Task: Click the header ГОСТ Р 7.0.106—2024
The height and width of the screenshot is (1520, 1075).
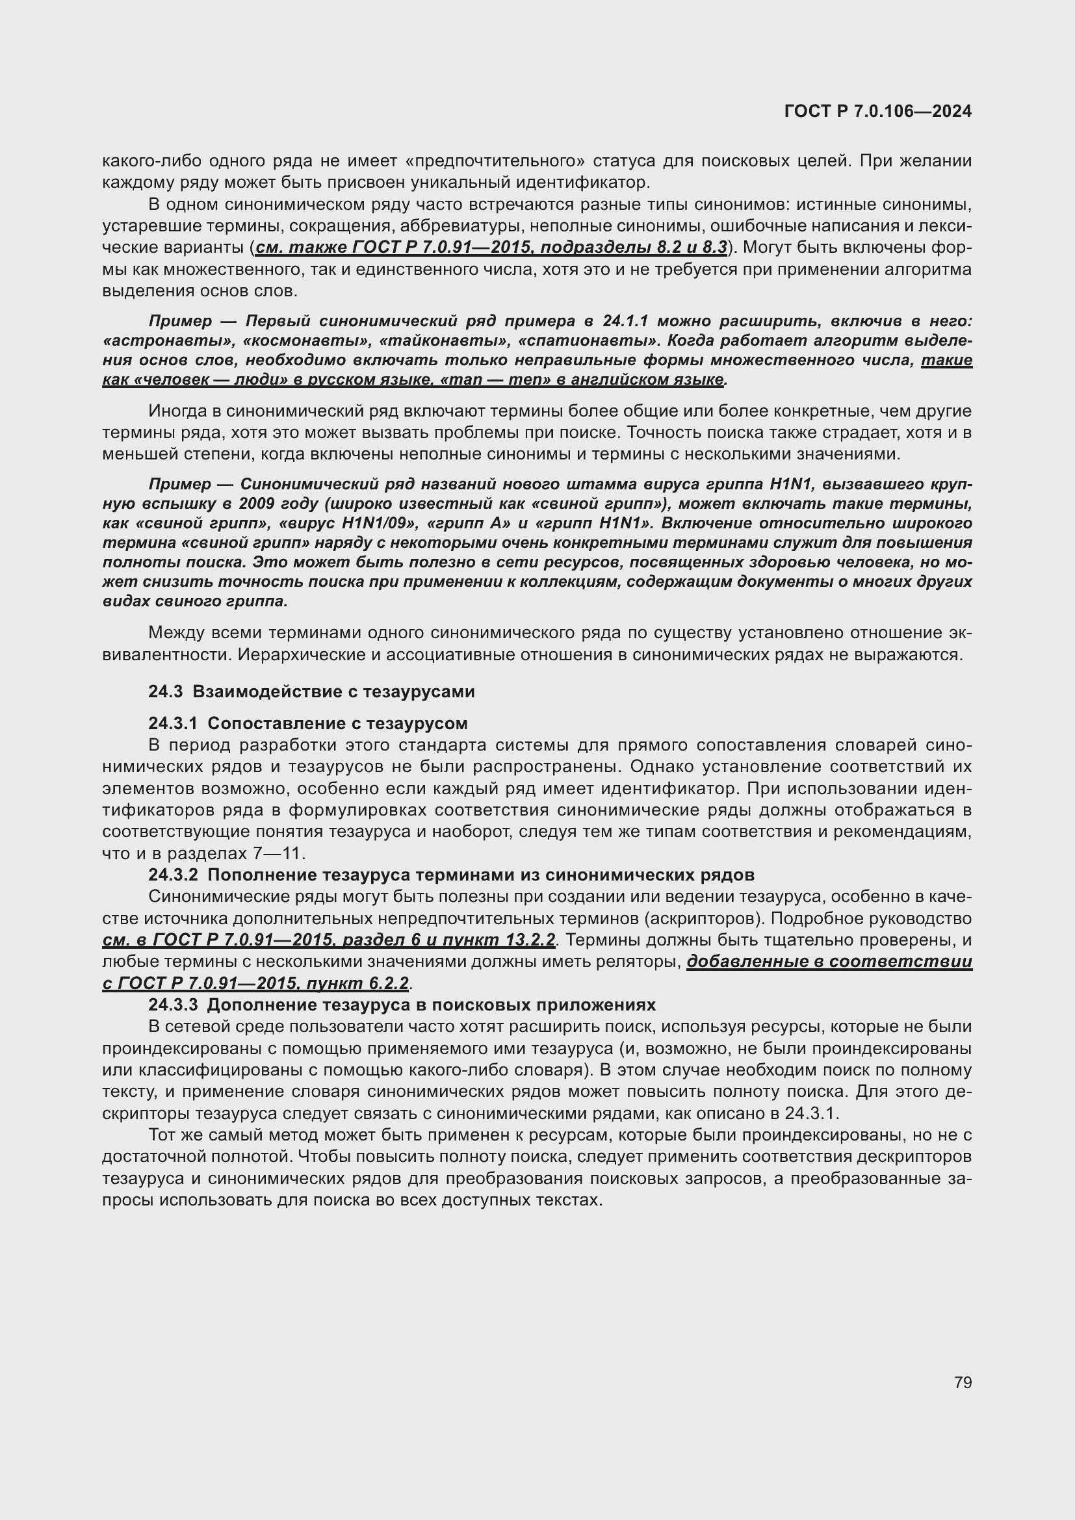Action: point(877,111)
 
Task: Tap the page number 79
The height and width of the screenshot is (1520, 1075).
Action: point(963,1382)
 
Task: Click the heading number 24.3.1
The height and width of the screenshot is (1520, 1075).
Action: point(173,723)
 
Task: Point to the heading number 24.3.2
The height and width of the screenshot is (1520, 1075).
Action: point(173,875)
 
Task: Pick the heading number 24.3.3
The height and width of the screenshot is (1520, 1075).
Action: point(173,1005)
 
